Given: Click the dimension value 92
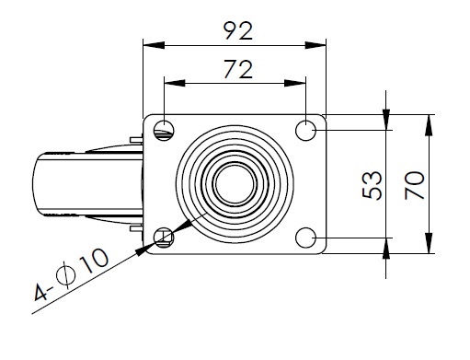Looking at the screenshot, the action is coord(238,30).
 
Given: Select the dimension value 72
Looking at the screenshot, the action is coord(238,69).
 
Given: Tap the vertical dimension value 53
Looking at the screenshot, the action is coord(373,185).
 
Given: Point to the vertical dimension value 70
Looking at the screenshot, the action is coord(415,185).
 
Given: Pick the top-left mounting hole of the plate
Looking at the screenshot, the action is coord(164,131).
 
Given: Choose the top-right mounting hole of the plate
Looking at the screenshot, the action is coord(305,131).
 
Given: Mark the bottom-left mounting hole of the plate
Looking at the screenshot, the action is coord(164,238).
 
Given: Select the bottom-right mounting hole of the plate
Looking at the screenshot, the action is coord(305,238).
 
